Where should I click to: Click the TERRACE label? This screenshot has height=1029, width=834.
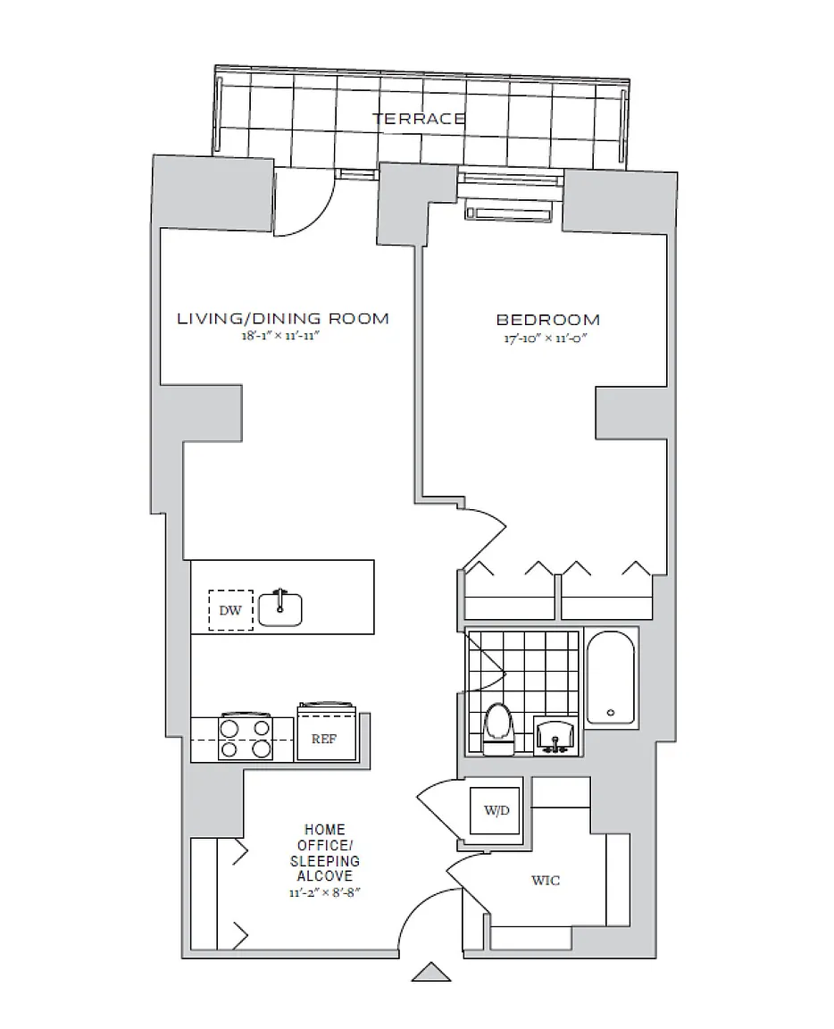pos(419,118)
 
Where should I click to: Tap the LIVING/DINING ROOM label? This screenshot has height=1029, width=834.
pos(283,319)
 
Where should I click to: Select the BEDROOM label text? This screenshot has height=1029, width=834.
pos(547,319)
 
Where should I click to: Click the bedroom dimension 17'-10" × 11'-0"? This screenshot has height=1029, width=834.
pos(547,338)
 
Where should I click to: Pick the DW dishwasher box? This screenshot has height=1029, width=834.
pos(230,610)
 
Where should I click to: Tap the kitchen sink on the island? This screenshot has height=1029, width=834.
pos(280,608)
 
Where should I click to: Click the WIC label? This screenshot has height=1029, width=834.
pos(546,881)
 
